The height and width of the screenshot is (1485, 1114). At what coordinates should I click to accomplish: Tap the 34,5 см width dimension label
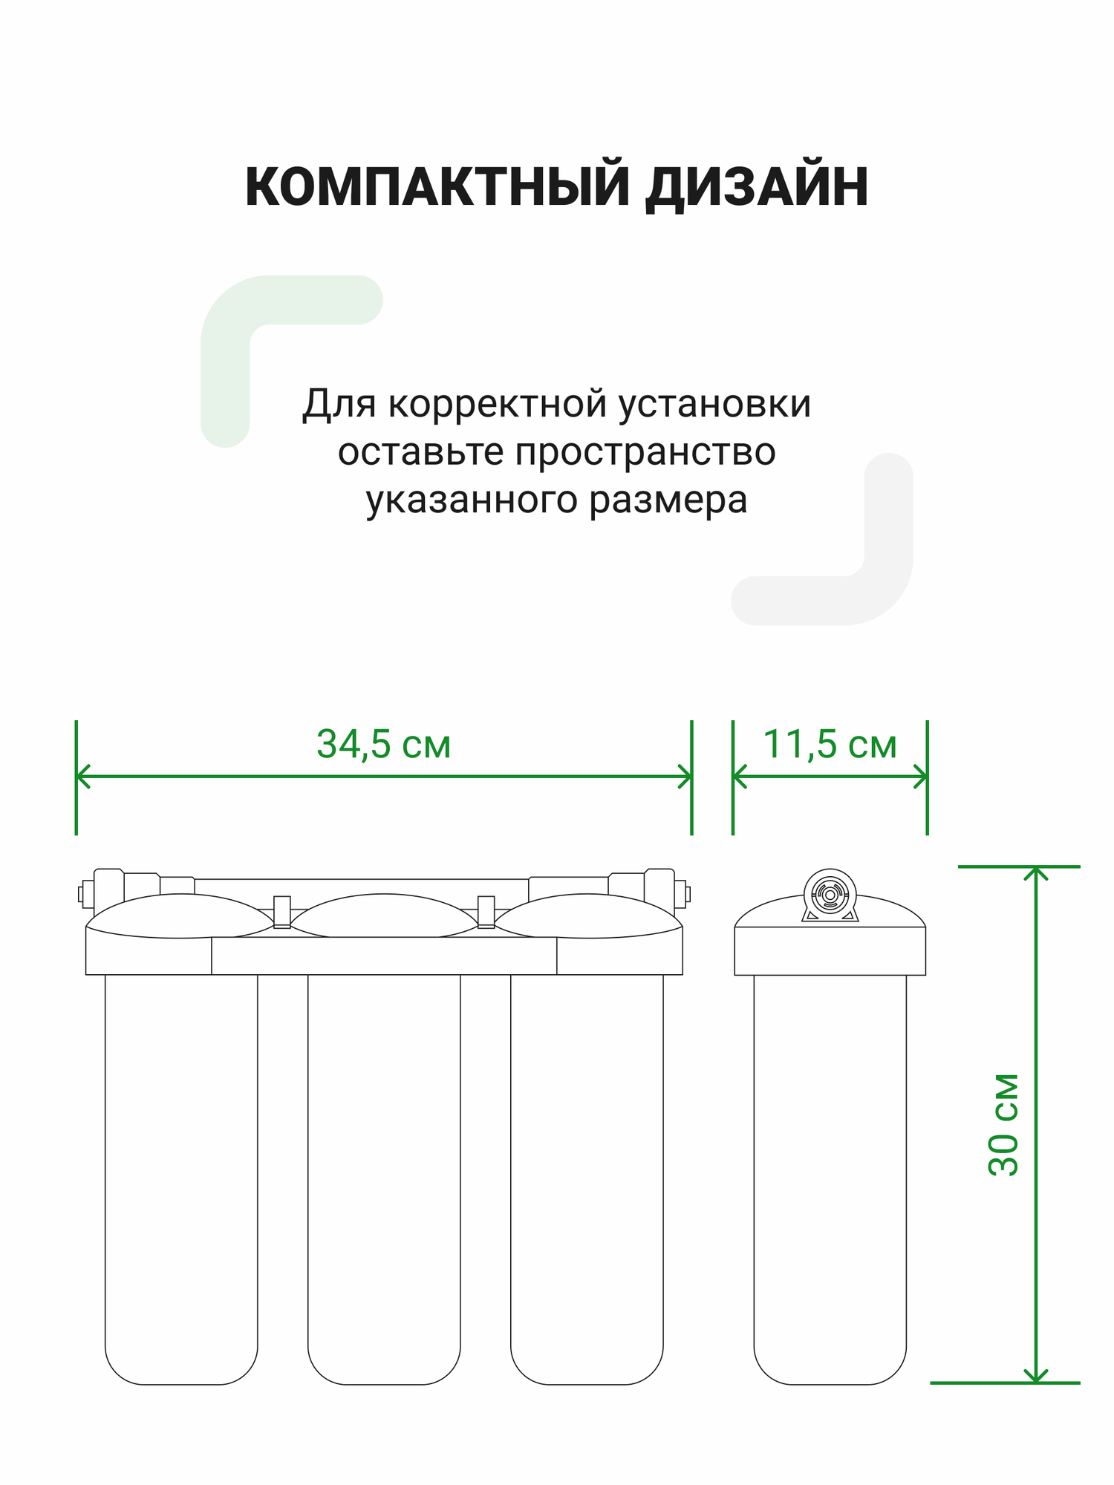coord(383,744)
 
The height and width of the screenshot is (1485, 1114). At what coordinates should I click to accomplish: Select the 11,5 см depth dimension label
coord(830,744)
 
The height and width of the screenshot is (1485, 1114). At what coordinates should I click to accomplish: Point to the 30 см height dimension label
coord(1004,1124)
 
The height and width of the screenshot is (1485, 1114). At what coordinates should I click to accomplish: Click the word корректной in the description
coord(498,405)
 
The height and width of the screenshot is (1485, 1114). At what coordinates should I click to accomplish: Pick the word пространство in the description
coord(645,452)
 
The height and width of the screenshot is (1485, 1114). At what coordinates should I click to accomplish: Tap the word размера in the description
coord(668,500)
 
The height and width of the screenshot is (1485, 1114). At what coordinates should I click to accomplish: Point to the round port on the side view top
coord(830,895)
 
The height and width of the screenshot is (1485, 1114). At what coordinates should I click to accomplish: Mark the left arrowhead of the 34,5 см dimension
coord(82,777)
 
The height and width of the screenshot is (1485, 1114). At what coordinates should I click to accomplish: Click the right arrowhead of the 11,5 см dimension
coord(922,777)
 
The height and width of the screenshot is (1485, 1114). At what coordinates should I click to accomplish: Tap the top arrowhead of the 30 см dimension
coord(1035,872)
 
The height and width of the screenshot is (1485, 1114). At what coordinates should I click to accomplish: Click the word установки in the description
coord(714,405)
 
